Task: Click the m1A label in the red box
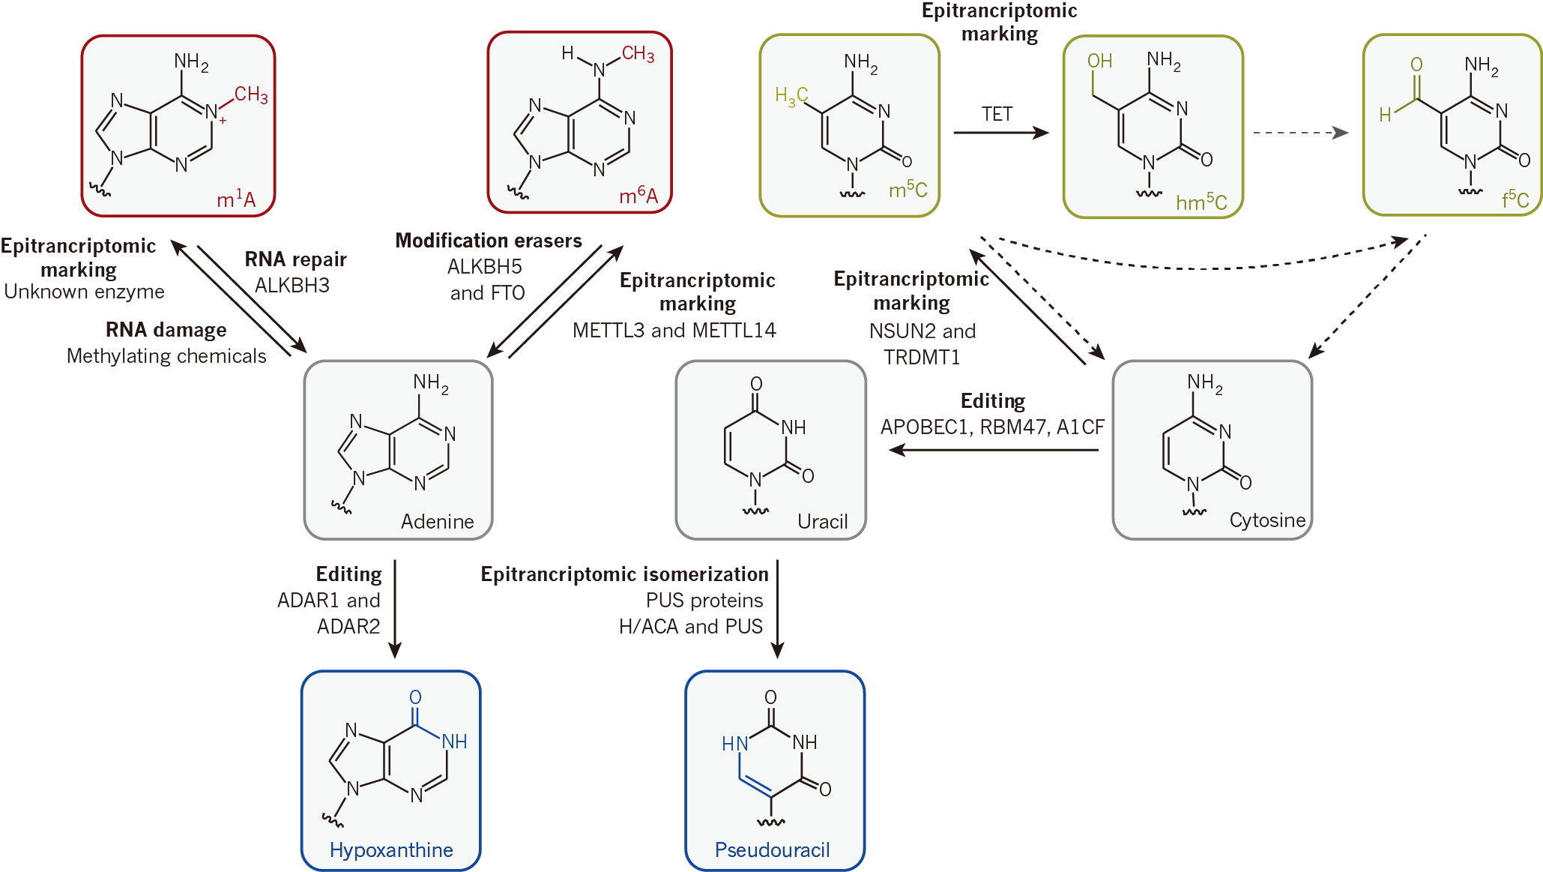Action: pyautogui.click(x=236, y=199)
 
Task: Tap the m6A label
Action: pyautogui.click(x=638, y=196)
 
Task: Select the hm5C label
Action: pyautogui.click(x=1201, y=202)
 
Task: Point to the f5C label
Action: pyautogui.click(x=1515, y=199)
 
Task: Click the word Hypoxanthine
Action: pyautogui.click(x=391, y=850)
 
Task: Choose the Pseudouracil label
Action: pyautogui.click(x=772, y=850)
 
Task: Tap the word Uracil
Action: pyautogui.click(x=822, y=521)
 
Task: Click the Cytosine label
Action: pyautogui.click(x=1267, y=520)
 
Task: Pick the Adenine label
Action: pyautogui.click(x=437, y=521)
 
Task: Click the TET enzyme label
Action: pyautogui.click(x=997, y=114)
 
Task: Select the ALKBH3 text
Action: pyautogui.click(x=292, y=285)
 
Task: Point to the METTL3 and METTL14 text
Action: pyautogui.click(x=674, y=330)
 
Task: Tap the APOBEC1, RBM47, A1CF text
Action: pyautogui.click(x=992, y=427)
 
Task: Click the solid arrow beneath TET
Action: pyautogui.click(x=1000, y=133)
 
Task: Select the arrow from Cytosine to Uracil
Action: pyautogui.click(x=993, y=450)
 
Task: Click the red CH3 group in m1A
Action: pyautogui.click(x=251, y=94)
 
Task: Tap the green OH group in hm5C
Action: pyautogui.click(x=1099, y=61)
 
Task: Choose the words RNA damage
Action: pyautogui.click(x=166, y=330)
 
